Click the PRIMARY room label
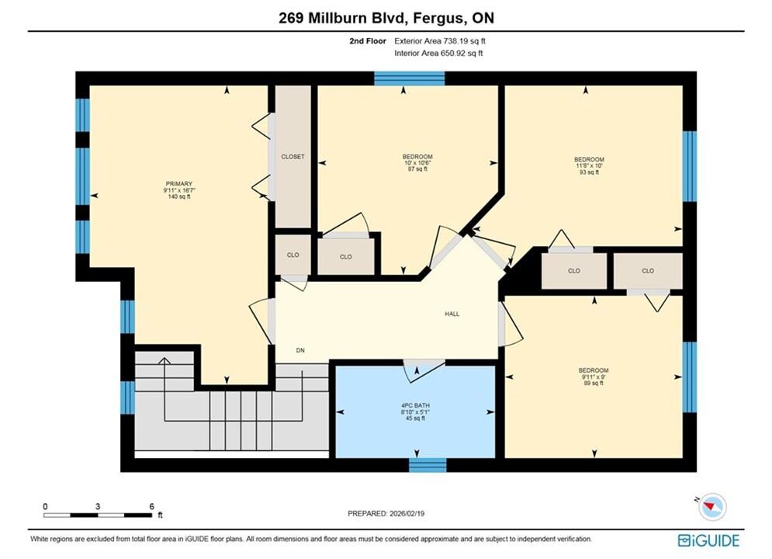178,184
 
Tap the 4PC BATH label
416,405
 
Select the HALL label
452,314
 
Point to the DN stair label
300,350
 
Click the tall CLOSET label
293,157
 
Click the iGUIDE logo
708,540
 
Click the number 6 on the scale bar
151,506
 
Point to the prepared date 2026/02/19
407,513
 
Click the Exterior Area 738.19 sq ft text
440,41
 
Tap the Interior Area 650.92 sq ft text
438,54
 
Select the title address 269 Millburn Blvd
343,18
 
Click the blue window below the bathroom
428,465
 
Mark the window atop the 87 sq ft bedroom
410,78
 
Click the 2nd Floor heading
368,41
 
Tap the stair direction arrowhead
164,361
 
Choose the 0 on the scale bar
45,506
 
